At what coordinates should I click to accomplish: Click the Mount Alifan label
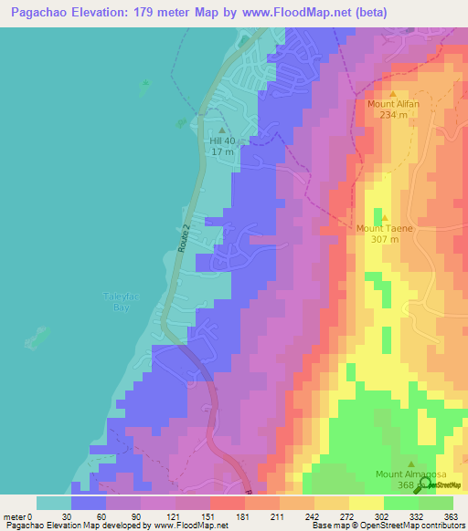(x=394, y=104)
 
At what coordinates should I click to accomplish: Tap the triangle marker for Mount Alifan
(x=394, y=94)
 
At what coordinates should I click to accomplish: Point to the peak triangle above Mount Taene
(x=385, y=218)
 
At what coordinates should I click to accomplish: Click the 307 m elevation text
(x=385, y=239)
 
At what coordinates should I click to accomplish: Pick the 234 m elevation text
(x=394, y=115)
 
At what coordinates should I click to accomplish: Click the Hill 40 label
(x=222, y=141)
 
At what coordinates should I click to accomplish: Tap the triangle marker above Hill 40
(x=221, y=130)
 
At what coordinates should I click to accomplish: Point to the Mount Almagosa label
(x=409, y=474)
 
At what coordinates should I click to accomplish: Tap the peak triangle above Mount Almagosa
(x=409, y=463)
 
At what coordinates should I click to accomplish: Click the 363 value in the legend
(x=451, y=516)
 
